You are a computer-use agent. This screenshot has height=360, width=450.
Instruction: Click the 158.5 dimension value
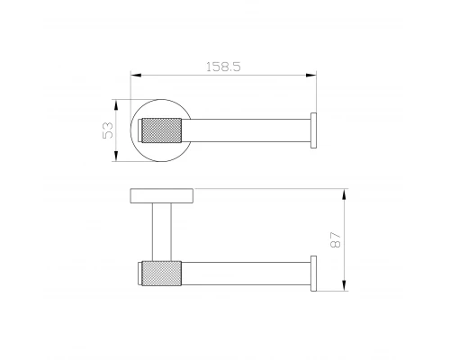coord(223,67)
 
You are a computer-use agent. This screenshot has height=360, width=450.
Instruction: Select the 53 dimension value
coord(108,130)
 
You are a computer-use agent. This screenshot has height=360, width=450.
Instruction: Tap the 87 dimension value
coord(336,239)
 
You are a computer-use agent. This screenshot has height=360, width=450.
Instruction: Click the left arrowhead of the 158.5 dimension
coord(136,75)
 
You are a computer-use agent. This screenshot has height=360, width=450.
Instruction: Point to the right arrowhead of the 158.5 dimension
coord(311,75)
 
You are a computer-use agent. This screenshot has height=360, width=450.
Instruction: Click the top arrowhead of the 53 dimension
coord(116,105)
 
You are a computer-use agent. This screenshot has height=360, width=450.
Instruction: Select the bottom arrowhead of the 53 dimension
coord(116,156)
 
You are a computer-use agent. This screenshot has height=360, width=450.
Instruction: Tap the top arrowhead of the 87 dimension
coord(345,194)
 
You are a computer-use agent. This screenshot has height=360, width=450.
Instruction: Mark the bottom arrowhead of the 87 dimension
coord(345,285)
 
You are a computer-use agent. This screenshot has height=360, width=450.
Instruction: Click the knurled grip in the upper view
coord(161,130)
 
